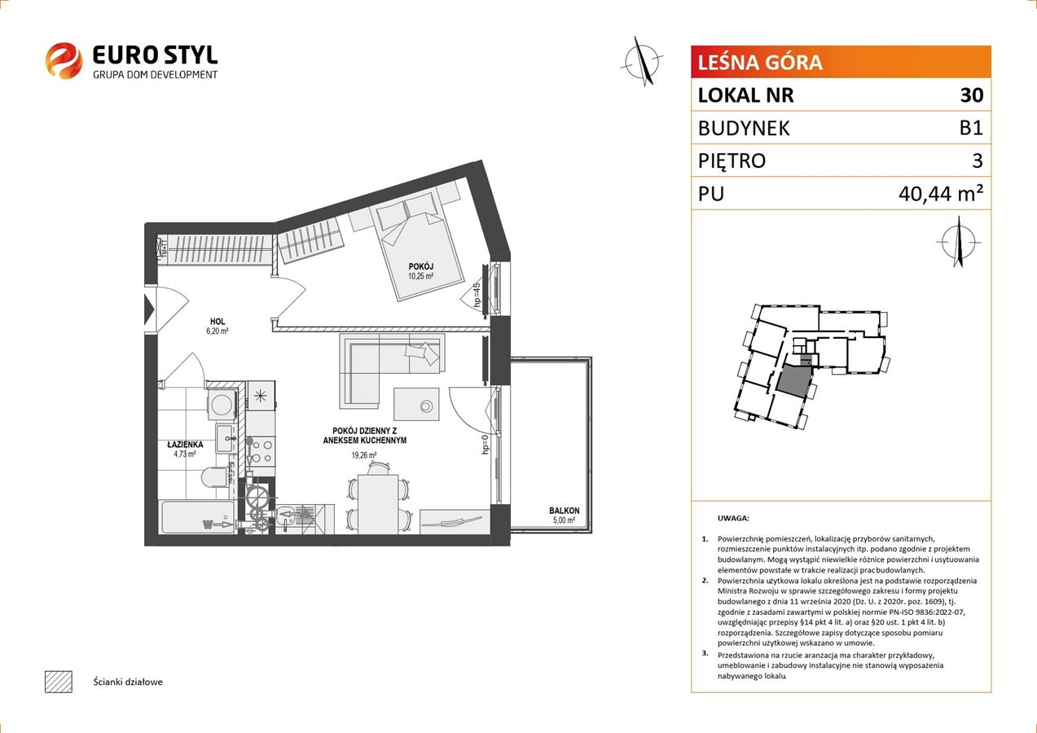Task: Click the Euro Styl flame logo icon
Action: coord(64,60)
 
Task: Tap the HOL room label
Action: coord(218,321)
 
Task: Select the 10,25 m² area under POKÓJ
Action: coord(420,276)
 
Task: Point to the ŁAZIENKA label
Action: coord(185,444)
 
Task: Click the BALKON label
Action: coord(565,511)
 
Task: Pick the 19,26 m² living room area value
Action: coord(364,455)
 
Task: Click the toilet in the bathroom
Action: coord(214,476)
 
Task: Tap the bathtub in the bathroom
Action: coord(197,516)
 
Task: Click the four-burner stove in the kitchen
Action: coord(261,450)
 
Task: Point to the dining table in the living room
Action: coord(378,504)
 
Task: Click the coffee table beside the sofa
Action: coord(415,404)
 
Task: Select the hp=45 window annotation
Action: coord(477,294)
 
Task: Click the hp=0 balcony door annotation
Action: coord(485,444)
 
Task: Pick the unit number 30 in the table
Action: coord(972,94)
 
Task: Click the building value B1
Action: coord(971,128)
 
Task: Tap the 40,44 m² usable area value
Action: coord(941,194)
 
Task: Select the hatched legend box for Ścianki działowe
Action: coord(59,682)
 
